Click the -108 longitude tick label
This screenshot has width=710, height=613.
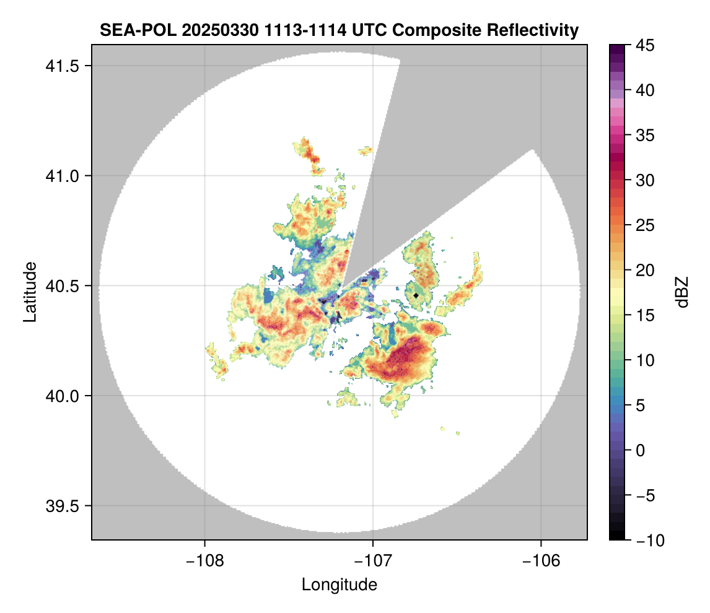click(204, 561)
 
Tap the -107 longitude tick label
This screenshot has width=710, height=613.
click(373, 561)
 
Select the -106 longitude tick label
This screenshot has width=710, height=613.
click(541, 561)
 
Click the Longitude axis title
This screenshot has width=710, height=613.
click(339, 585)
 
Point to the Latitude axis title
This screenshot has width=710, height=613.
click(30, 291)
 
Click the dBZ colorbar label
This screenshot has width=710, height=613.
click(682, 292)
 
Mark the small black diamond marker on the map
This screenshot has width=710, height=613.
click(416, 295)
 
